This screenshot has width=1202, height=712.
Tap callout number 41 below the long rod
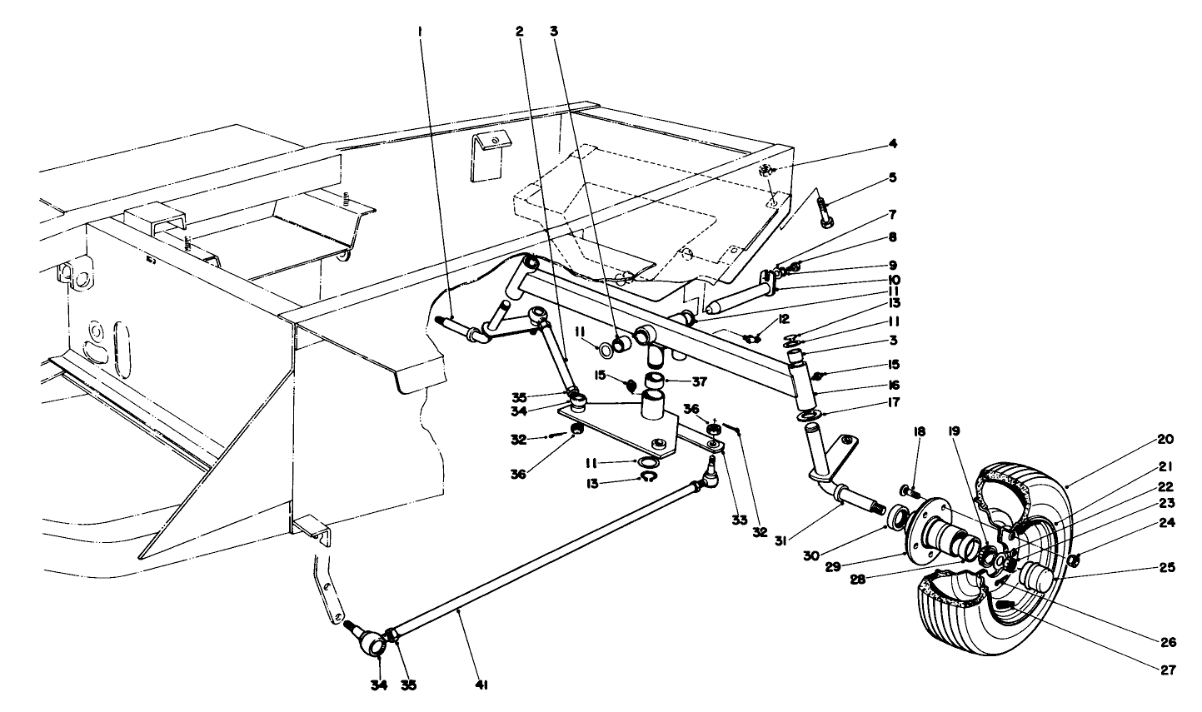tap(481, 685)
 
